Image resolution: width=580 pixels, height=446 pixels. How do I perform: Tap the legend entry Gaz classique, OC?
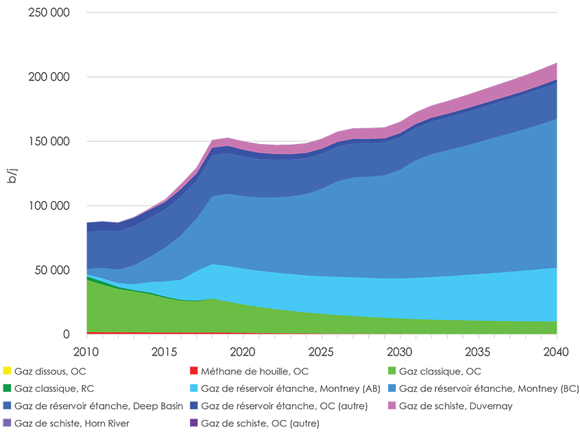[439, 371]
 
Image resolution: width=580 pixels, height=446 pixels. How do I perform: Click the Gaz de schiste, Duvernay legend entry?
[455, 406]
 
